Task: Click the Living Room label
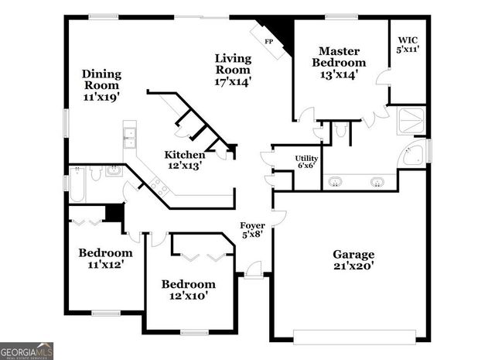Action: pyautogui.click(x=233, y=69)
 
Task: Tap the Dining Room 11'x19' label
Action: pyautogui.click(x=101, y=86)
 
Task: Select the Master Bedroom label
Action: pyautogui.click(x=339, y=63)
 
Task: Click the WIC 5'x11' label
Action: pyautogui.click(x=408, y=44)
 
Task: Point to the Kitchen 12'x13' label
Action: pyautogui.click(x=185, y=159)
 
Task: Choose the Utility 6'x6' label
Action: pyautogui.click(x=306, y=162)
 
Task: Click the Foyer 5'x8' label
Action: pyautogui.click(x=251, y=230)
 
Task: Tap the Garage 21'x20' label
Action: pyautogui.click(x=353, y=260)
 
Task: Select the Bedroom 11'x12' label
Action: pyautogui.click(x=105, y=259)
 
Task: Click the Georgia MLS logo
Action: pyautogui.click(x=27, y=350)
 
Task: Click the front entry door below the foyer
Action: pyautogui.click(x=252, y=272)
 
